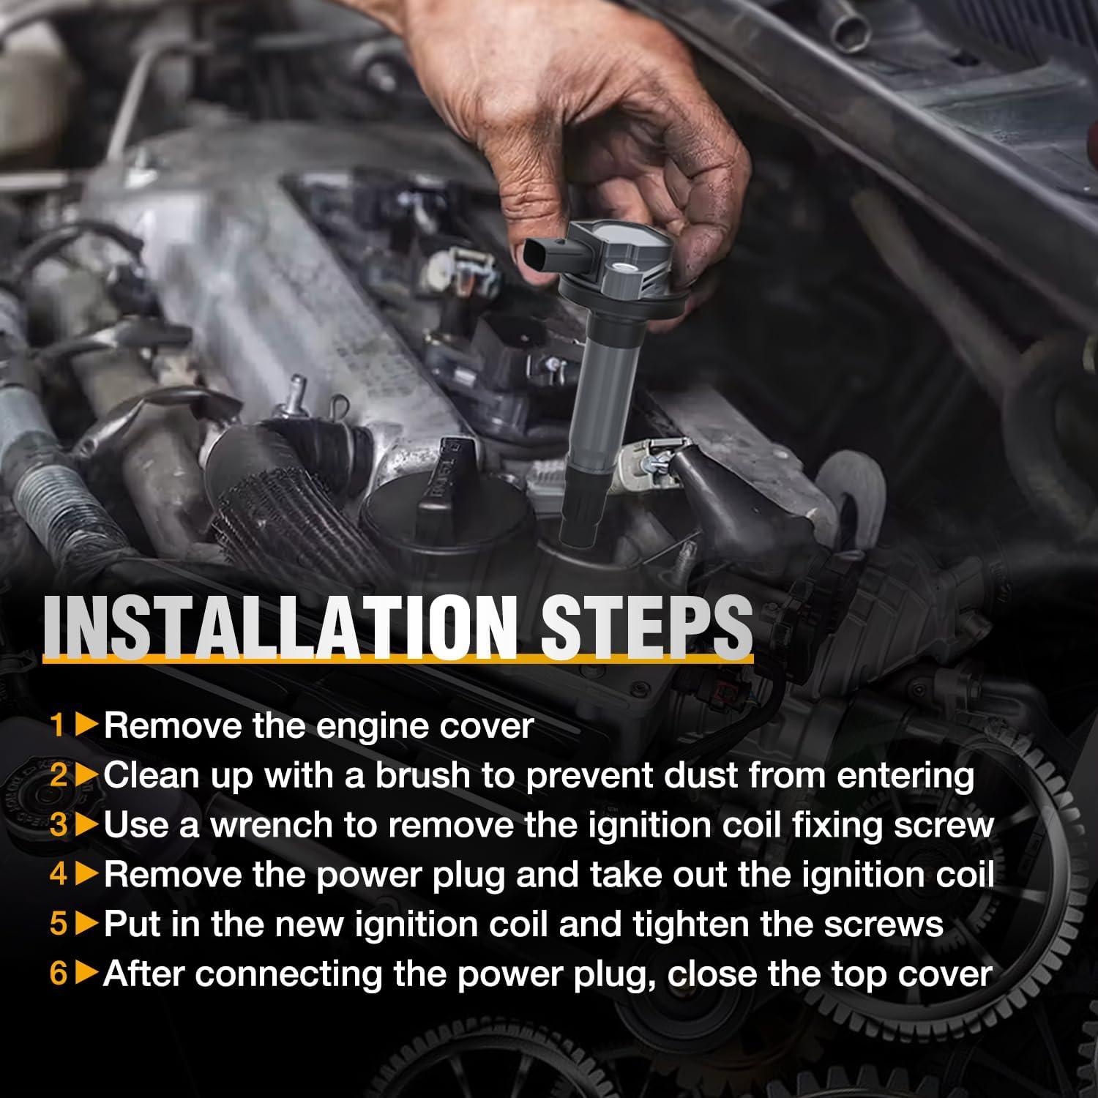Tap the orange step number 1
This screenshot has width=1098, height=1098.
pyautogui.click(x=59, y=725)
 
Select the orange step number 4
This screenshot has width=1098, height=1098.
pyautogui.click(x=59, y=875)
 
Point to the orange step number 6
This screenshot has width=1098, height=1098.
pyautogui.click(x=59, y=974)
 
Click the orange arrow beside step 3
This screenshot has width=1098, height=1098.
pyautogui.click(x=87, y=825)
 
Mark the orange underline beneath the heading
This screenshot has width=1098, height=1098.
pyautogui.click(x=398, y=660)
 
